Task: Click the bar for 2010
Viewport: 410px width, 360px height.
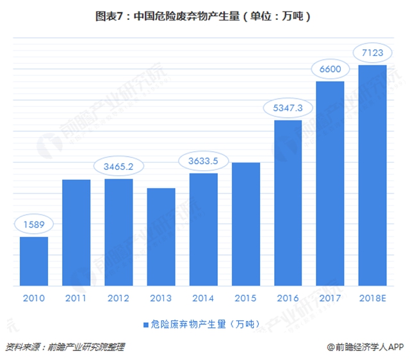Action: click(34, 261)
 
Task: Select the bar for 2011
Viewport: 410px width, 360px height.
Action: click(76, 232)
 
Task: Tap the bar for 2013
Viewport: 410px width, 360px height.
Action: click(161, 236)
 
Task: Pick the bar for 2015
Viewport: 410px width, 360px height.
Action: click(245, 224)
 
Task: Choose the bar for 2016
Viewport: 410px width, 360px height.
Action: click(288, 202)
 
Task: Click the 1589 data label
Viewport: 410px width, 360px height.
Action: click(34, 225)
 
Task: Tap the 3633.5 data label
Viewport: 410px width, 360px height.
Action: click(203, 161)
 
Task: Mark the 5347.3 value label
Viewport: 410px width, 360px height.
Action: click(288, 108)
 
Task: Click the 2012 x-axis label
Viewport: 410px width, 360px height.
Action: click(119, 297)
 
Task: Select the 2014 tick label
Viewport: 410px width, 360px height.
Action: click(203, 297)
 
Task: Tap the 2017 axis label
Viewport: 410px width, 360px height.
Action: click(330, 297)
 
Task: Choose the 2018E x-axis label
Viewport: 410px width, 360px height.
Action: click(372, 297)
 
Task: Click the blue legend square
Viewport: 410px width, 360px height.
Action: click(145, 324)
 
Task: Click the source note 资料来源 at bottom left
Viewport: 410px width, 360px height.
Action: click(64, 347)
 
